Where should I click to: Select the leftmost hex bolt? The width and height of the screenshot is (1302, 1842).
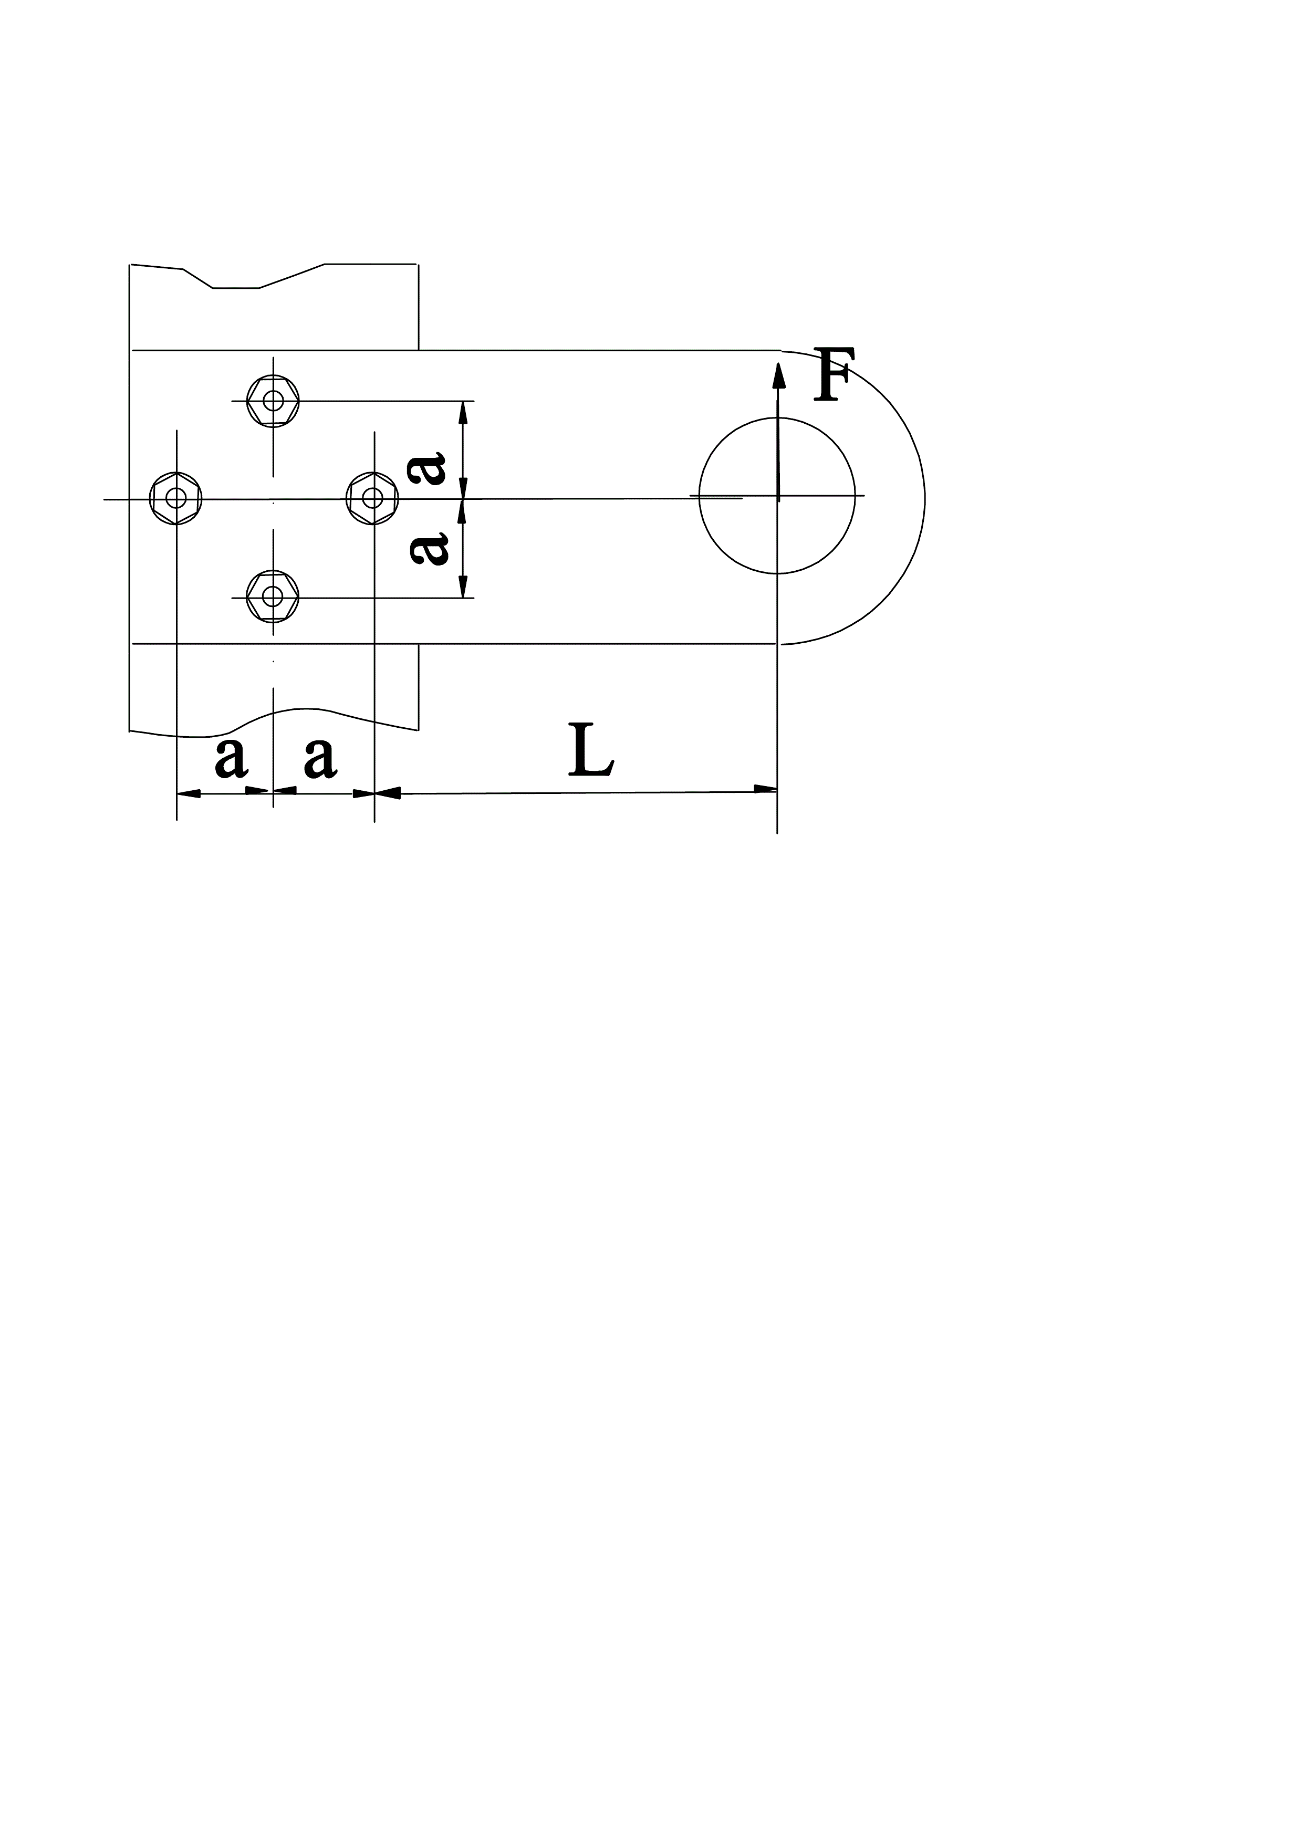176,498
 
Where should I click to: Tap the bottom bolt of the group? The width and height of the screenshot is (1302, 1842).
273,596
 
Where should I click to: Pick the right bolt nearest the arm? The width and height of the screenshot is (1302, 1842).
372,498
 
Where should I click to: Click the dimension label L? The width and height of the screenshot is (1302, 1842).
590,751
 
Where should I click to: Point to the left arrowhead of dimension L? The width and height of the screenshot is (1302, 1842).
388,793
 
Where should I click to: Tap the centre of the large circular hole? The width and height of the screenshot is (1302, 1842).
777,496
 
